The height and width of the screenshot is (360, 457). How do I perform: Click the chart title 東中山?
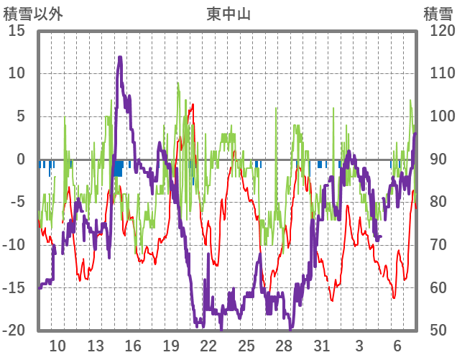coord(228,14)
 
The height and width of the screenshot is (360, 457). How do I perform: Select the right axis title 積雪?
coord(437,14)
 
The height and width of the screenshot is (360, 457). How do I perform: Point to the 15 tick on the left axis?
coord(17,31)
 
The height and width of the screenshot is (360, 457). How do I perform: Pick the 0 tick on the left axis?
coord(21,160)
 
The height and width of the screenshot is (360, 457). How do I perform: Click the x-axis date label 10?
coord(57,346)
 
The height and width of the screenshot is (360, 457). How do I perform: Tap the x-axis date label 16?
coord(133,346)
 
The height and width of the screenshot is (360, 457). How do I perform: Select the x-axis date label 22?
coord(208,346)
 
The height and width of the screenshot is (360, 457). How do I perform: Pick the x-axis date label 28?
coord(284,346)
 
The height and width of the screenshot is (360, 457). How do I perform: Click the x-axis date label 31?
coord(321,346)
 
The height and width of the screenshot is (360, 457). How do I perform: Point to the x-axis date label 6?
coord(397,346)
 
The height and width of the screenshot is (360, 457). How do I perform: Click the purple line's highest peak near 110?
coord(120,58)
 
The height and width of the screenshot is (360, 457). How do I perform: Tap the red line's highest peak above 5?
coord(193,106)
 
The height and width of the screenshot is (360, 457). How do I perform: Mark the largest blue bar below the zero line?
coord(119,168)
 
